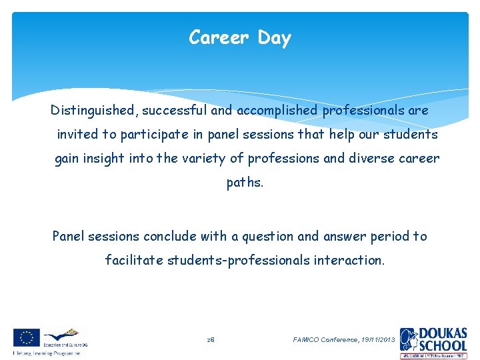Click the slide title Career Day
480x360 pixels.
point(240,38)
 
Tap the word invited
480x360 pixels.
point(77,135)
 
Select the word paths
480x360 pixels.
point(245,183)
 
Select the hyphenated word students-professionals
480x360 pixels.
point(237,261)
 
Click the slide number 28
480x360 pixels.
point(210,340)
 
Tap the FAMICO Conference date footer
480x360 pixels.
point(344,340)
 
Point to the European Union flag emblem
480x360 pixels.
point(26,337)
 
